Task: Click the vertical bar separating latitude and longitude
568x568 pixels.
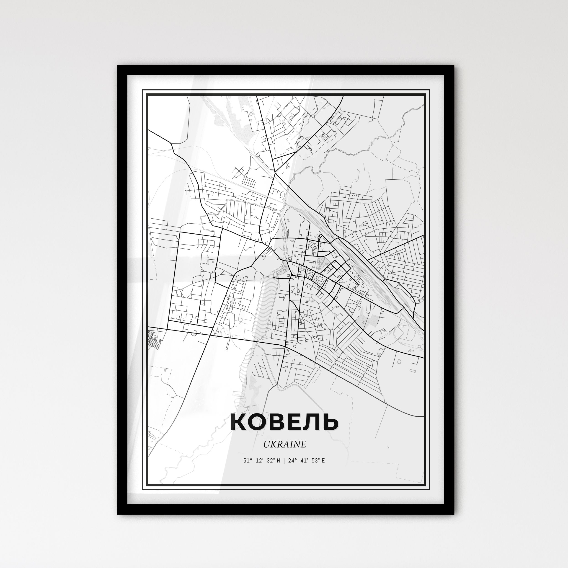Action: pyautogui.click(x=284, y=461)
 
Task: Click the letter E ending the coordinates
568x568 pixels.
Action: pyautogui.click(x=323, y=461)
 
